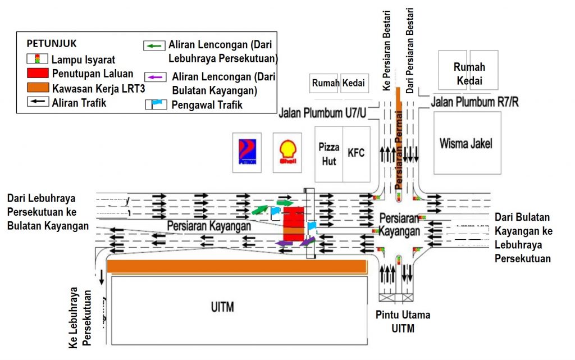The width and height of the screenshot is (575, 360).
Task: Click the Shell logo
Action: click(287, 152)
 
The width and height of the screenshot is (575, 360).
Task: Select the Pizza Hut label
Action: click(329, 153)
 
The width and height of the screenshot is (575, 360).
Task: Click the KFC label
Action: click(356, 152)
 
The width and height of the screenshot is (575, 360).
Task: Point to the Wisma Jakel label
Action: click(466, 144)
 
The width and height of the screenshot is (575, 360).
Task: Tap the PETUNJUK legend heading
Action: click(51, 43)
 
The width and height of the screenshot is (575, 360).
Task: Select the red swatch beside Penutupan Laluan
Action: click(37, 74)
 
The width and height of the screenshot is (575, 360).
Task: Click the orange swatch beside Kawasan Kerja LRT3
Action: click(37, 88)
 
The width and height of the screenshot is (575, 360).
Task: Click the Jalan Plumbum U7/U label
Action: click(322, 113)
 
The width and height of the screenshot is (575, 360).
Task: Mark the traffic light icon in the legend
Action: click(37, 59)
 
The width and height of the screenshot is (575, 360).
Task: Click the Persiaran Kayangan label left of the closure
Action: click(208, 225)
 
